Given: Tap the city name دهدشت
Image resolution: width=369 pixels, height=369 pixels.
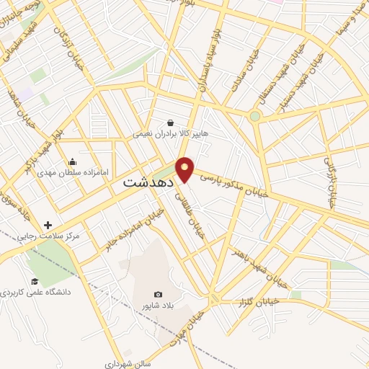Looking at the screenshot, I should [145, 183].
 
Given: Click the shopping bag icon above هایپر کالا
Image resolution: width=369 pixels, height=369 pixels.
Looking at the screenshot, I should [170, 123].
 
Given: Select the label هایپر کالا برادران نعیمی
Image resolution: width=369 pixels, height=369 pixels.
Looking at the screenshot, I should [169, 134].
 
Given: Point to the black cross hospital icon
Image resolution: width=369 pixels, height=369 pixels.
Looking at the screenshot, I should [48, 225].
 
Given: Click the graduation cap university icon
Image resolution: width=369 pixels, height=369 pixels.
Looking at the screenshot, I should [34, 282].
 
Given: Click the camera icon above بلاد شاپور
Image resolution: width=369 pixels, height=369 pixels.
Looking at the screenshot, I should [158, 294].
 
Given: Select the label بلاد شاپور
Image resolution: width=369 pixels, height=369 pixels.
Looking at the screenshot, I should [158, 306].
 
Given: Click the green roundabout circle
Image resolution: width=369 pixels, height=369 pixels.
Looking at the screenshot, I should [254, 116].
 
